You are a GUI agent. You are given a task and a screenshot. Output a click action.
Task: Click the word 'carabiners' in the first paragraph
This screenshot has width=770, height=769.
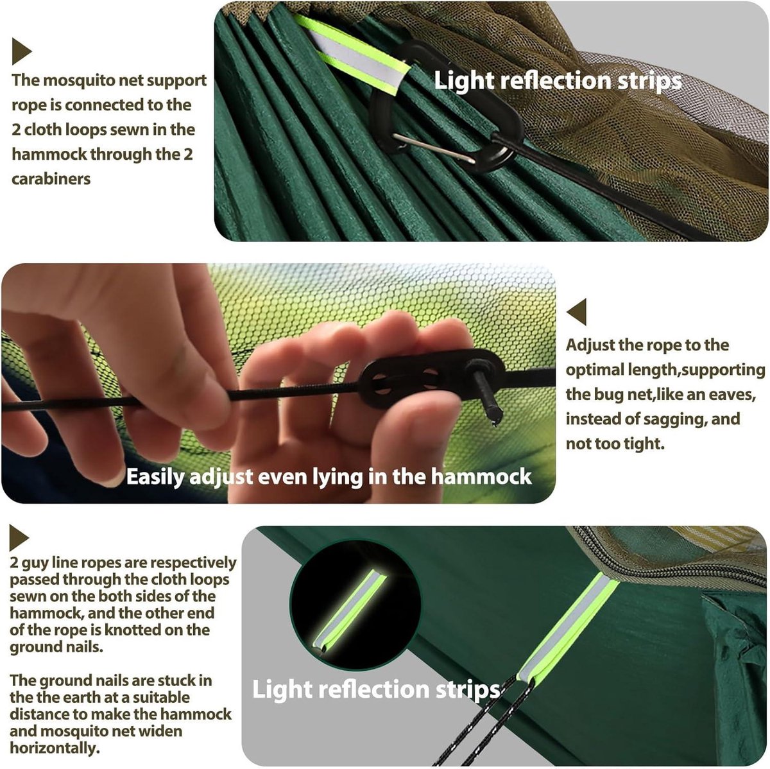(51, 178)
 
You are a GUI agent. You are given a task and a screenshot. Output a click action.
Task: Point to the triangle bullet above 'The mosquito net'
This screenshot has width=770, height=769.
(21, 51)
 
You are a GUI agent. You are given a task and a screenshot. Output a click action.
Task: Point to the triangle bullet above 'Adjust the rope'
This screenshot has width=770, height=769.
(577, 311)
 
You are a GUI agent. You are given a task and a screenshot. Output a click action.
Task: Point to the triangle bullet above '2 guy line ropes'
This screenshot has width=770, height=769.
(19, 538)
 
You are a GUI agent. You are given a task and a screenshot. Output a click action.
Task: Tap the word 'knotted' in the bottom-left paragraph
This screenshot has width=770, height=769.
(137, 630)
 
